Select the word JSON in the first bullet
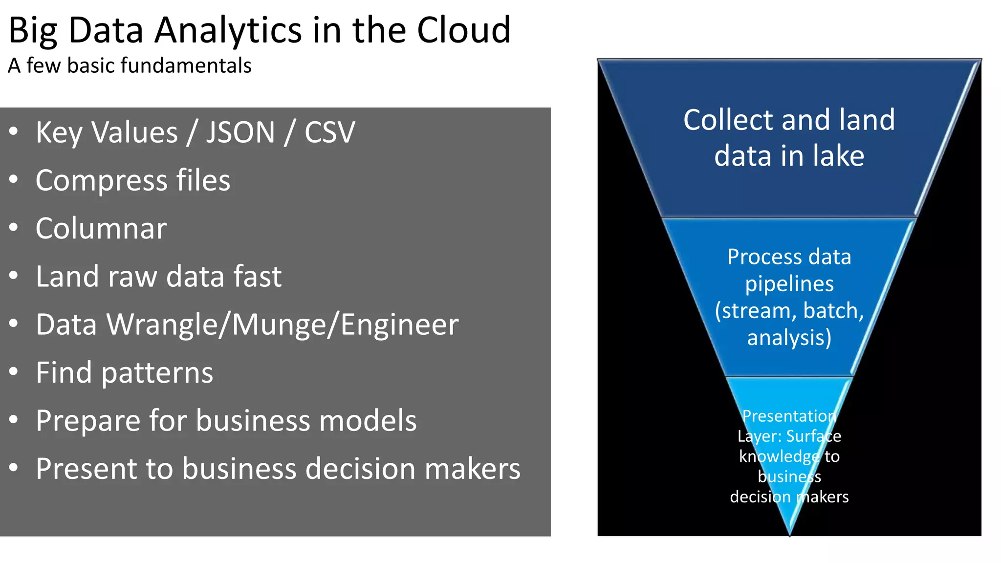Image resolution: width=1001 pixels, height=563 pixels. point(240,132)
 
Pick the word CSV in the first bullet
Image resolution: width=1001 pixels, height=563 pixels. point(329,132)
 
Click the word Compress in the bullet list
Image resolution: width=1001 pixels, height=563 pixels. point(101,181)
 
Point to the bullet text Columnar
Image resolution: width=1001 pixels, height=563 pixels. point(101,229)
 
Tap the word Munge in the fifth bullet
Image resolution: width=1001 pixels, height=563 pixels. point(279,325)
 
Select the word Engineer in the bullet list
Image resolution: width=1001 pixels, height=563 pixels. point(399,325)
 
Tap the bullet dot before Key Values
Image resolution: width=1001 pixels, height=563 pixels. point(13,131)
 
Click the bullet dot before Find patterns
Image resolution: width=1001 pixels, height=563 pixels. point(13,372)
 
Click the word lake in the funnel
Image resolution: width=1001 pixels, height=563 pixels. point(839,156)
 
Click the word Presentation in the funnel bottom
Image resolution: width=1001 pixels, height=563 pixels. point(789,416)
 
